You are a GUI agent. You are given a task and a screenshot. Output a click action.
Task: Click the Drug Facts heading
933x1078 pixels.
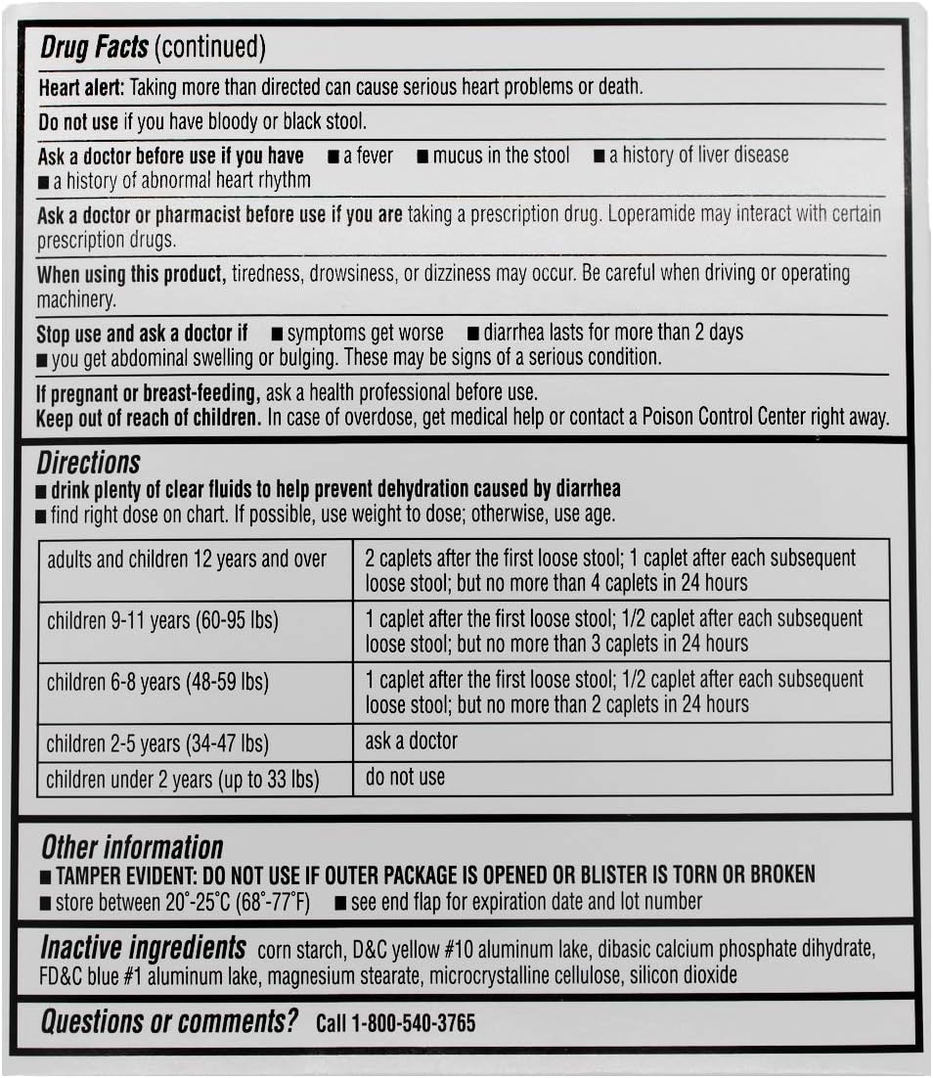pyautogui.click(x=95, y=47)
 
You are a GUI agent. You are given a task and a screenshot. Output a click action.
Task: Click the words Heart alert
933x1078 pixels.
pyautogui.click(x=81, y=87)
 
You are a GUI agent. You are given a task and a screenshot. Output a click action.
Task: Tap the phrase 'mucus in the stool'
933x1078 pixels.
pyautogui.click(x=501, y=156)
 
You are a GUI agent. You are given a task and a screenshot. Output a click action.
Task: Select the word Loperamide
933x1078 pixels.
pyautogui.click(x=652, y=214)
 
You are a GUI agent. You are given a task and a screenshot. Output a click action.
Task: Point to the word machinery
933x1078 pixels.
pyautogui.click(x=76, y=299)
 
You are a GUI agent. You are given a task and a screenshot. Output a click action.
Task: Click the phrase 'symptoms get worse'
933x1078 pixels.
pyautogui.click(x=365, y=334)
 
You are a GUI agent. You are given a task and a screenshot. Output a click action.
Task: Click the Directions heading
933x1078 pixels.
pyautogui.click(x=89, y=463)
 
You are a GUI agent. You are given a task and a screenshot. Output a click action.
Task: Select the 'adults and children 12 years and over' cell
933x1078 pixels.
pyautogui.click(x=187, y=561)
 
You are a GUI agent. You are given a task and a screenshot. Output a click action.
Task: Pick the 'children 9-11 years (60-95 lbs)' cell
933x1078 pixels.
pyautogui.click(x=162, y=621)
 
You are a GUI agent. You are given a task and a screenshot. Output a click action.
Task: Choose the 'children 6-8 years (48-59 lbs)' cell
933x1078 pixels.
pyautogui.click(x=157, y=682)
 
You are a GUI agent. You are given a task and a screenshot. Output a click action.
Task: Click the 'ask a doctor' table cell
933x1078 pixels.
pyautogui.click(x=411, y=741)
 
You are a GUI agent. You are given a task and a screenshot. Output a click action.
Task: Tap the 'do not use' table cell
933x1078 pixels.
pyautogui.click(x=405, y=778)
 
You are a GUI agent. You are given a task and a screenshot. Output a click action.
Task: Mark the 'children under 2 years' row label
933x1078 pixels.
pyautogui.click(x=183, y=780)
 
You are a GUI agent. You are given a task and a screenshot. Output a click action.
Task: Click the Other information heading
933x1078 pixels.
pyautogui.click(x=132, y=847)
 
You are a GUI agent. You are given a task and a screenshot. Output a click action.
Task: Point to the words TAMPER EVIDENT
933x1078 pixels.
pyautogui.click(x=123, y=875)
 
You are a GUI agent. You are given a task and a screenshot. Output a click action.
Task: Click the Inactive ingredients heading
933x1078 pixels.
pyautogui.click(x=143, y=948)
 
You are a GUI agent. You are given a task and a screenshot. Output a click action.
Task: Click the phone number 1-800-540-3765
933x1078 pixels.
pyautogui.click(x=413, y=1024)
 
